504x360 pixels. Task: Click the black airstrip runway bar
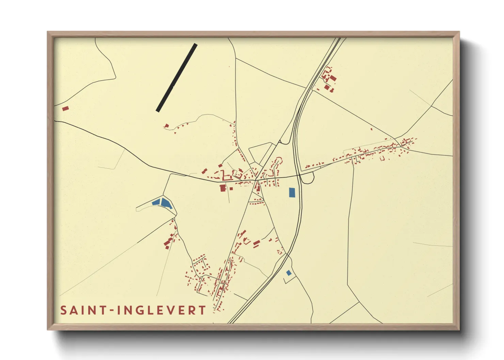176,78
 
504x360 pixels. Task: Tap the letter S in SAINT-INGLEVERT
63,310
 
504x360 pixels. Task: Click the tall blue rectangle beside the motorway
292,193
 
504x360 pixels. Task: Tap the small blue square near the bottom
289,273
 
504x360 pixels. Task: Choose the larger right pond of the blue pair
166,203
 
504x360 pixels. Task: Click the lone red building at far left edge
65,109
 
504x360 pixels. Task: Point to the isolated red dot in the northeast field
371,129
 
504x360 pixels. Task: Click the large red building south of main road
223,187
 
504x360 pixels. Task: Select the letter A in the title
75,310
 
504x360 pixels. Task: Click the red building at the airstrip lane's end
167,126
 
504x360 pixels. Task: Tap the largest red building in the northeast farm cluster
333,79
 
